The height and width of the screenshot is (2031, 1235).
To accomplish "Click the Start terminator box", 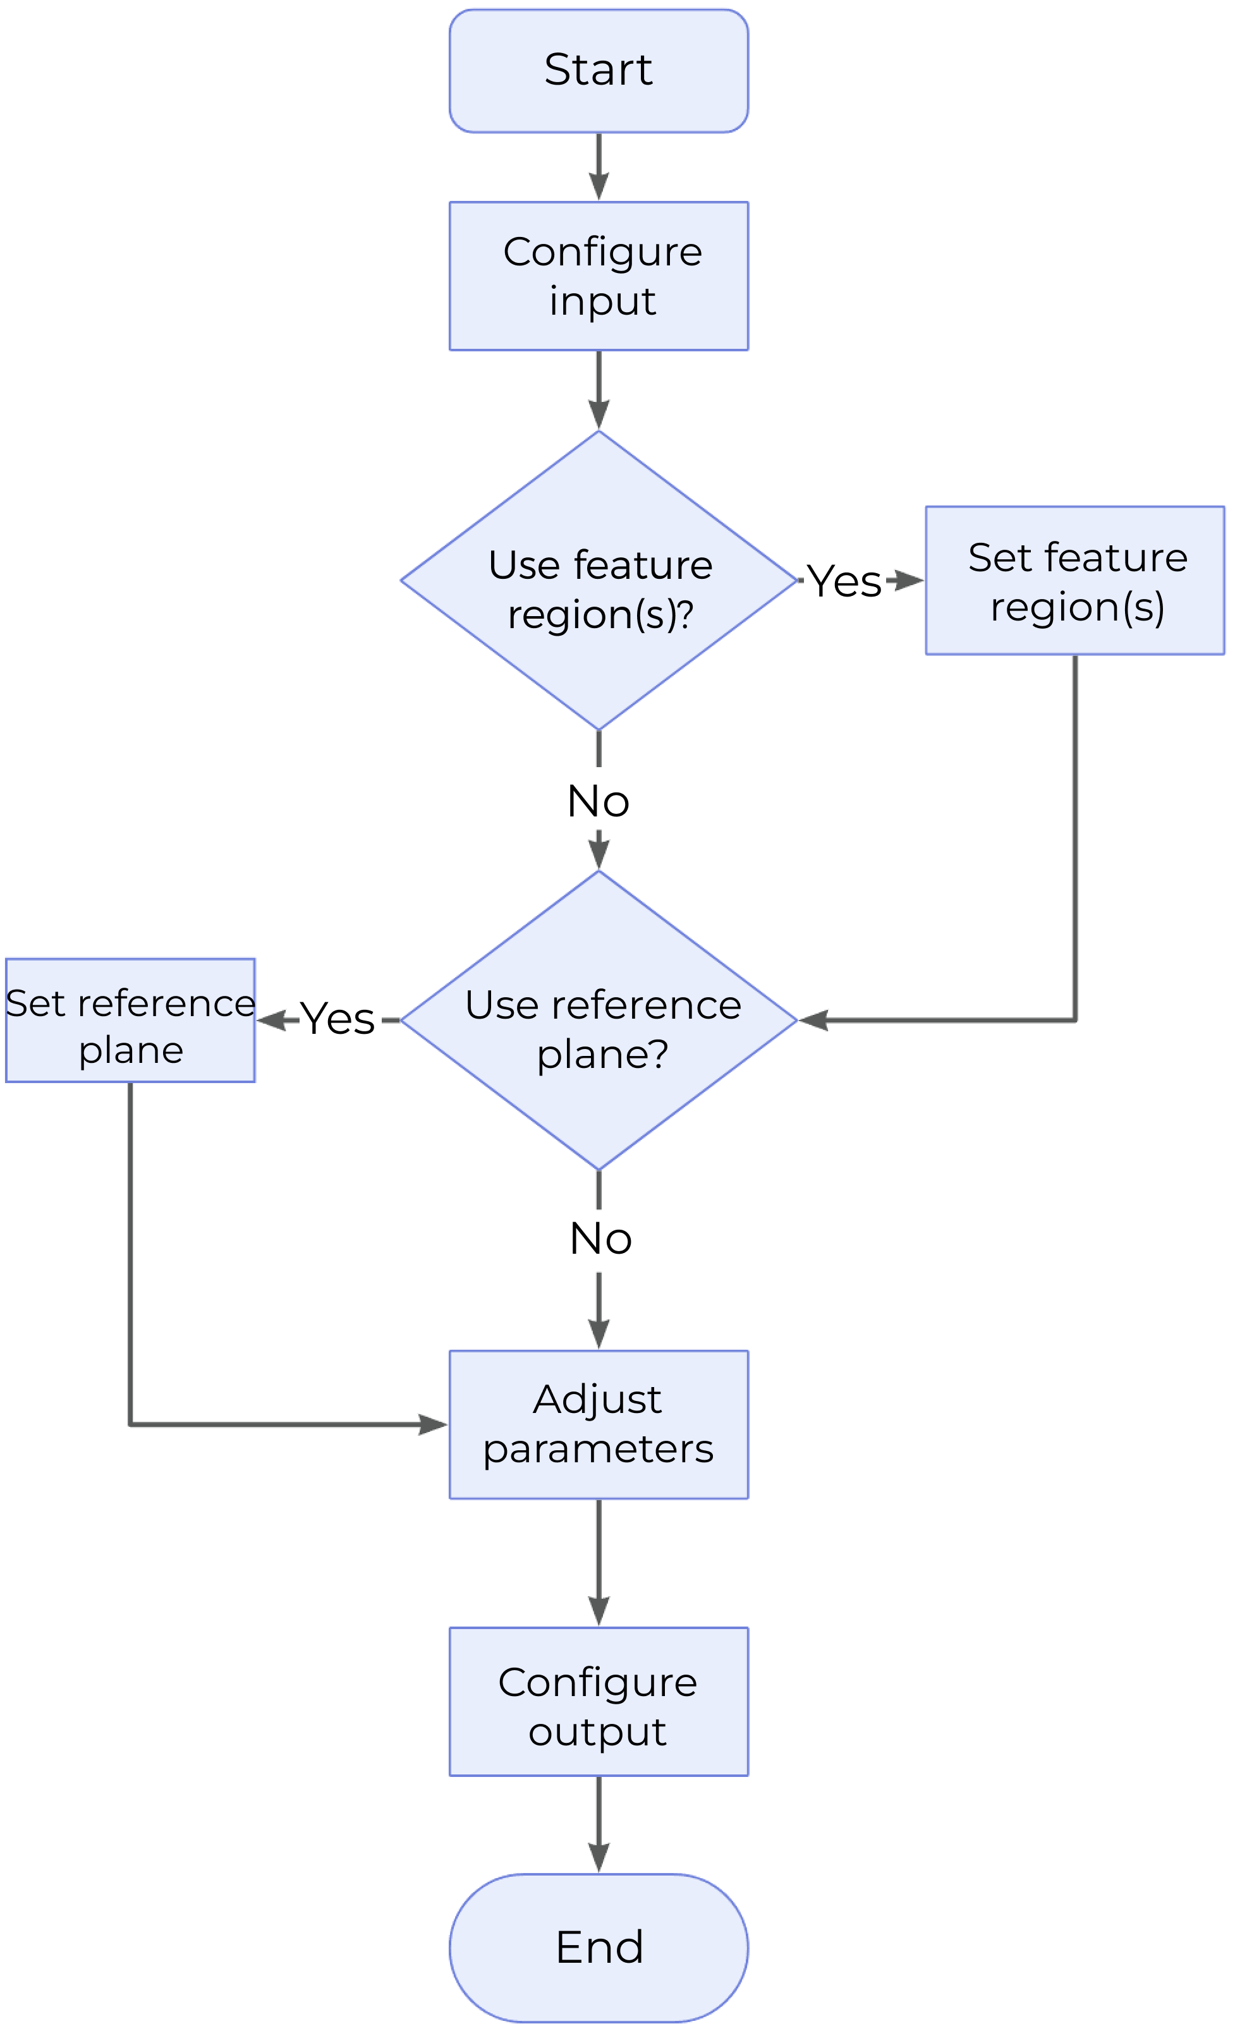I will click(x=599, y=71).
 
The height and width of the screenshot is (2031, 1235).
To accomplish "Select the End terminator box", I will click(x=599, y=1948).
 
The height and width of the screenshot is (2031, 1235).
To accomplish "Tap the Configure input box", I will click(x=599, y=276).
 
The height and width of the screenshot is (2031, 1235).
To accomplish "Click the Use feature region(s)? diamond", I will click(x=599, y=580).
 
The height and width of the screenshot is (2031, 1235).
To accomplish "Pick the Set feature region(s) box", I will click(x=1075, y=580).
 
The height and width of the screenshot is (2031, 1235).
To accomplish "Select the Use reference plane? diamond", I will click(x=599, y=1021).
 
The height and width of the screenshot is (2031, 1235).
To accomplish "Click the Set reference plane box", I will click(x=130, y=1021).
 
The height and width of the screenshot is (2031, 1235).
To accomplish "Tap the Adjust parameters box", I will click(x=599, y=1424).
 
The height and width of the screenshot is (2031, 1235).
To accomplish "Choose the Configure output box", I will click(x=599, y=1701).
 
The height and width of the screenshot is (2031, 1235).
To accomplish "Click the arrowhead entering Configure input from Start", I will click(x=599, y=187).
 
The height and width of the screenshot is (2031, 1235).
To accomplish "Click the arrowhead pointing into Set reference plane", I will click(x=271, y=1021).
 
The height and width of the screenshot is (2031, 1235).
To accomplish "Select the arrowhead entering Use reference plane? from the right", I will click(x=815, y=1021).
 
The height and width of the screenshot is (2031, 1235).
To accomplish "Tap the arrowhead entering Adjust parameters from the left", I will click(x=433, y=1424).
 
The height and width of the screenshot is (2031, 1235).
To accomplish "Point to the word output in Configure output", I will click(x=599, y=1731).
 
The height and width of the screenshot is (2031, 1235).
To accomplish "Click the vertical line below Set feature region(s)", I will click(x=1075, y=832).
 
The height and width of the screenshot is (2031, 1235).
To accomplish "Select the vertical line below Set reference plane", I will click(x=130, y=1253).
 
